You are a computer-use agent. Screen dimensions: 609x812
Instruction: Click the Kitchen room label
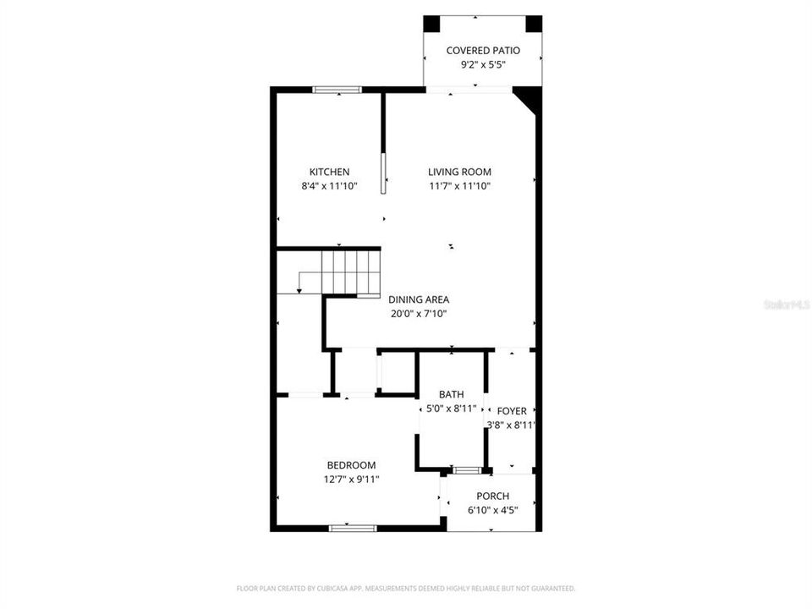(x=329, y=172)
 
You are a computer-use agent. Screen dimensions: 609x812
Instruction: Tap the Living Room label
(x=459, y=172)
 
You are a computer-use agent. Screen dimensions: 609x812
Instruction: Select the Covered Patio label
(x=483, y=51)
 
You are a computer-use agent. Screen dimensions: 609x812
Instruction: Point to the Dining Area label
(x=419, y=299)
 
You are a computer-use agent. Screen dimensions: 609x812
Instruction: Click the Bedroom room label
(x=352, y=465)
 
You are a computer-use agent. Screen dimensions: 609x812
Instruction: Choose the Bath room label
(x=451, y=395)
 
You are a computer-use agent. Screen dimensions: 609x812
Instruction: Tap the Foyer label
(x=512, y=411)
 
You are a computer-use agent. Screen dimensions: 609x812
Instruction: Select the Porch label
(x=492, y=496)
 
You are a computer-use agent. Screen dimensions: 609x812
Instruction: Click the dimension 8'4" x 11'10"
(x=329, y=186)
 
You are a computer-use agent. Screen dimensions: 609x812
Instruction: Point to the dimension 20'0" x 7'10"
(x=419, y=314)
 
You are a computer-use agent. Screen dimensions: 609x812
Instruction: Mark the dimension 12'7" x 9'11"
(x=352, y=480)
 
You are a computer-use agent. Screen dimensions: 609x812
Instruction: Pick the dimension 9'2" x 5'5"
(x=483, y=65)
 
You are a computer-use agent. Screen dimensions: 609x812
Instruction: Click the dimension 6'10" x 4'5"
(x=492, y=510)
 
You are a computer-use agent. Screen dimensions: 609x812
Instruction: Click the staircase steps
(x=350, y=272)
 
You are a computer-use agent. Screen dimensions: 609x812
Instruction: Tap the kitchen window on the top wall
(x=337, y=89)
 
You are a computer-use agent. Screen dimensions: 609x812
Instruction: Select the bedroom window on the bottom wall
(x=353, y=528)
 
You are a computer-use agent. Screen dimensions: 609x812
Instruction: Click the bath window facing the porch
(x=465, y=469)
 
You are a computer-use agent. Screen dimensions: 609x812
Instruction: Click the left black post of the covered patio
(x=431, y=24)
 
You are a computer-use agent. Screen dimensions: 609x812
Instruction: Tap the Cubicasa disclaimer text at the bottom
(x=405, y=588)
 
